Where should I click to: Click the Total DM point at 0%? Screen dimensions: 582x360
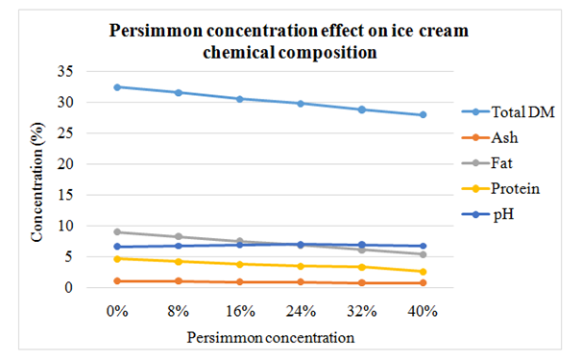coord(117,87)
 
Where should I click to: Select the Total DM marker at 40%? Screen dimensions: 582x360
coord(423,114)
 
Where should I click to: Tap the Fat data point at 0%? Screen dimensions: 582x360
coord(117,232)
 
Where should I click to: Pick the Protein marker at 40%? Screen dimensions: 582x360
coord(423,272)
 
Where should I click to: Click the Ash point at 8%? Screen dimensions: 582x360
coord(179,281)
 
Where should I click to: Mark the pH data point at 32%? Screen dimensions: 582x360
coord(362,245)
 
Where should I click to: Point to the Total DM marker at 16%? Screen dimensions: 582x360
coord(240,99)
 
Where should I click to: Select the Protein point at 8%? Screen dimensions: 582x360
coord(179,262)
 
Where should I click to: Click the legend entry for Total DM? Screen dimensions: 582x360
coord(508,111)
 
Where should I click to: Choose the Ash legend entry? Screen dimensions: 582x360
coord(490,137)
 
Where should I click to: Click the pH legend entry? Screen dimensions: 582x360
coord(488,214)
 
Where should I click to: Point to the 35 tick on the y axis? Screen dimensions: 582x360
coord(65,71)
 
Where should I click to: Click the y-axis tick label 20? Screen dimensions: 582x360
coord(65,163)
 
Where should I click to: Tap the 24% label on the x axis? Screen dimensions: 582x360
coord(301,311)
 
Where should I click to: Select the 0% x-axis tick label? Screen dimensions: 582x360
coord(117,311)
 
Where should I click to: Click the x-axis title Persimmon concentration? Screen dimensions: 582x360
coord(271,338)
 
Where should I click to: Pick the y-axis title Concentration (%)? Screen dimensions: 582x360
coord(37,181)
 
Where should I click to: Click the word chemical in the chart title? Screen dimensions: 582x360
coord(239,52)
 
